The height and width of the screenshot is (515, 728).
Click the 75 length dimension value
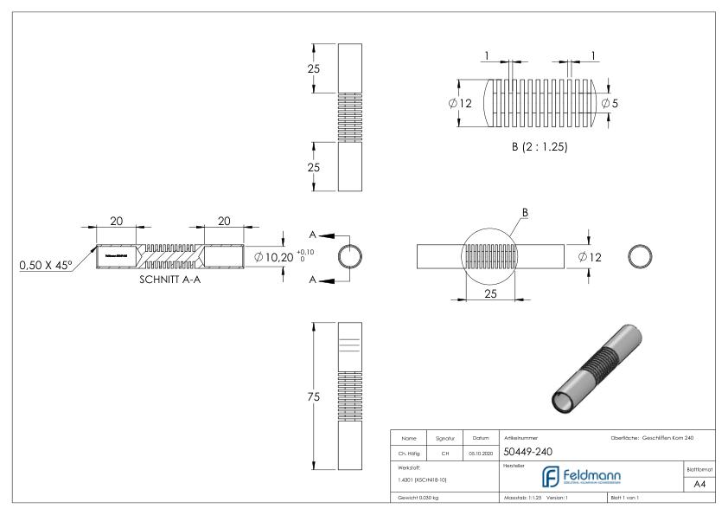tap(313, 397)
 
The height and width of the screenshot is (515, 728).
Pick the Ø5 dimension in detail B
tap(610, 103)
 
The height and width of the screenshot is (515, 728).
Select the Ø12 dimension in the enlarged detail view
tap(460, 103)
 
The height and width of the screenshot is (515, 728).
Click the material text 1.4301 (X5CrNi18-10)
tap(416, 479)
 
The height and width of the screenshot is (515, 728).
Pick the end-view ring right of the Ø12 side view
tap(642, 257)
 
